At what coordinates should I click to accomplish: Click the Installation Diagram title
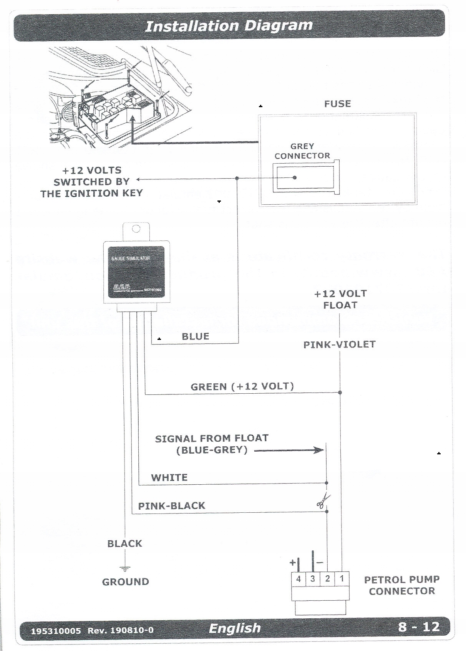coord(229,26)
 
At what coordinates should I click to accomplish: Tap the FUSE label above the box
coord(337,104)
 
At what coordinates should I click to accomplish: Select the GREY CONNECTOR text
coord(302,151)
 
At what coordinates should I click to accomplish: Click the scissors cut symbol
coord(323,500)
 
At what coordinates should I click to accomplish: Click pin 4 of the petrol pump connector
coord(299,579)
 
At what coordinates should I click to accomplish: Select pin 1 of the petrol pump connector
coord(342,579)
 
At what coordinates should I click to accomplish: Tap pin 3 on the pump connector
coord(313,579)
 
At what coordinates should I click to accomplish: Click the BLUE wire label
coord(195,337)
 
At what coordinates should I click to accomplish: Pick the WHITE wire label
coord(169,478)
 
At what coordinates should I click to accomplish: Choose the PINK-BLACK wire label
coord(171,506)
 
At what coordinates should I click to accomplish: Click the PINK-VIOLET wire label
coord(339,345)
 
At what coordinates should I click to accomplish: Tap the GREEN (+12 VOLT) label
coord(242,386)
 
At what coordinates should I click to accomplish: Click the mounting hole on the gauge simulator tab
coord(136,229)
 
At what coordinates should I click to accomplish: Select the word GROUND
coord(125,582)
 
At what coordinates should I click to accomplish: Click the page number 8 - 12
coord(419,627)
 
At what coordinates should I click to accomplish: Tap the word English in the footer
coord(234,628)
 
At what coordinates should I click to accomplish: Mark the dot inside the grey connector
coord(295,177)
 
